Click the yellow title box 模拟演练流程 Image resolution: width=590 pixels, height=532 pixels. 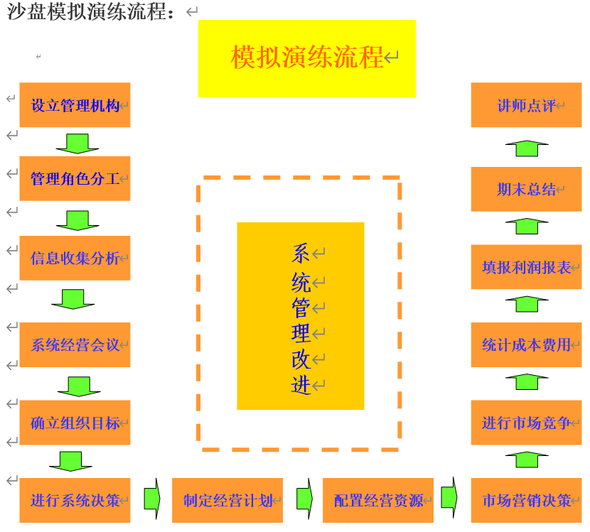click(x=307, y=58)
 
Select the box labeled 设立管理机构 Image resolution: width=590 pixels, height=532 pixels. click(x=75, y=105)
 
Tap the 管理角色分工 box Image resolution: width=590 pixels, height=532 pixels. click(x=75, y=178)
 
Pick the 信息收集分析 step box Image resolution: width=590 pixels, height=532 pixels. click(x=75, y=258)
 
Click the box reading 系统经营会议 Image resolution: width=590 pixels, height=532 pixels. click(x=75, y=345)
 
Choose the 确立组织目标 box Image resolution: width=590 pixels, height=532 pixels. click(x=75, y=423)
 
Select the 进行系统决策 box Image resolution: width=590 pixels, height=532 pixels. click(x=75, y=500)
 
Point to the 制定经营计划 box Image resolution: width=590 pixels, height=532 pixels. click(x=227, y=500)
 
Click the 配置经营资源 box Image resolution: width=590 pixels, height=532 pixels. click(x=378, y=500)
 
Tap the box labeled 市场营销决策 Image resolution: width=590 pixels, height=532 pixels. click(x=526, y=500)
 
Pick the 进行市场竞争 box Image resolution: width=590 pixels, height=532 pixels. click(x=526, y=423)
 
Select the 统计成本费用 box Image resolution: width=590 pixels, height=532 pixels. click(x=526, y=345)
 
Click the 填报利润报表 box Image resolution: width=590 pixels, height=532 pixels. click(x=526, y=267)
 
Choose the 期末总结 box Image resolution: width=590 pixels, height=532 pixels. click(x=526, y=189)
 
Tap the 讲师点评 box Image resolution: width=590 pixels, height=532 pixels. click(x=526, y=105)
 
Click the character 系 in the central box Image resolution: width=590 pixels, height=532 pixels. click(x=301, y=253)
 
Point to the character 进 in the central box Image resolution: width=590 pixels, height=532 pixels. click(x=301, y=385)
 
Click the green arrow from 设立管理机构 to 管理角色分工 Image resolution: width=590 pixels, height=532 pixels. click(x=77, y=143)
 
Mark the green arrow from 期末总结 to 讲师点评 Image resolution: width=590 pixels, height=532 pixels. click(x=527, y=148)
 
